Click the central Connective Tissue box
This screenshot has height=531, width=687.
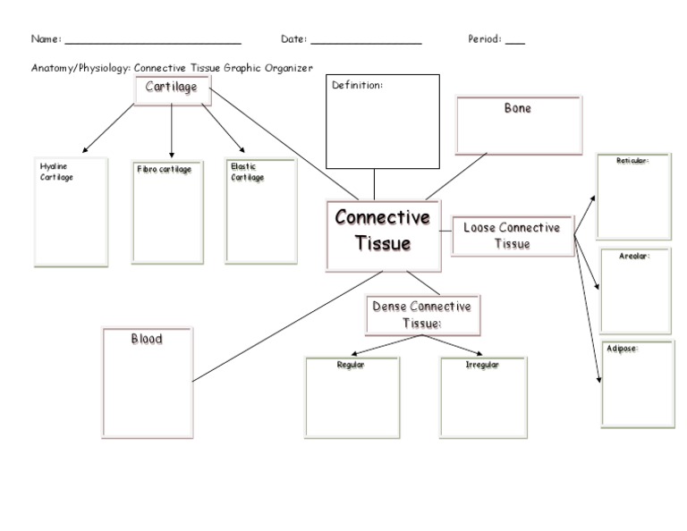tap(383, 235)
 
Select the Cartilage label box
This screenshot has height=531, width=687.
tap(172, 88)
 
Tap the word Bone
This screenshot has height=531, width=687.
tap(517, 108)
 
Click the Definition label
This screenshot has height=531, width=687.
tap(357, 86)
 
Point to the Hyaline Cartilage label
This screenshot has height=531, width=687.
tap(56, 172)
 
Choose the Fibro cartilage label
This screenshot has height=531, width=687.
tap(164, 169)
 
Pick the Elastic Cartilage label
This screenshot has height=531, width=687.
tap(247, 172)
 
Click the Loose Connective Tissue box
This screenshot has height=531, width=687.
tap(512, 236)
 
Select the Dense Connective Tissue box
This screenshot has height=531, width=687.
tap(421, 315)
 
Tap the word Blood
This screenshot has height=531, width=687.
tap(147, 340)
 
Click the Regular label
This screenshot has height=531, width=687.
tap(350, 365)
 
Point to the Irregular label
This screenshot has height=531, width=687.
tap(482, 365)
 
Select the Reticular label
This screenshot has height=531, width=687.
tap(632, 161)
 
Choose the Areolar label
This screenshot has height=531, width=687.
tap(633, 256)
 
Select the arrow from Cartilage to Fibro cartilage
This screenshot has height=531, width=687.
tap(172, 130)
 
